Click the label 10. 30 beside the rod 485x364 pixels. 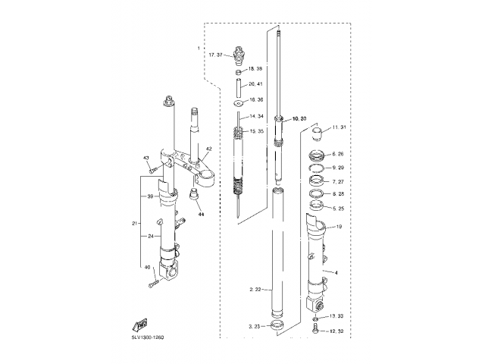(299, 118)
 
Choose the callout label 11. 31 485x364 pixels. (338, 127)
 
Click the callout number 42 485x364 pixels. (208, 149)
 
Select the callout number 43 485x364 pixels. (146, 158)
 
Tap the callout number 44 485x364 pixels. (202, 215)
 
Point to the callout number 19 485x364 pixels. (339, 227)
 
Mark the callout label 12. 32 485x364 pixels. (336, 331)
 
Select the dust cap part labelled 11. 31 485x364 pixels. (318, 136)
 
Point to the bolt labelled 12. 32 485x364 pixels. (315, 331)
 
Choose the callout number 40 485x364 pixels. (146, 268)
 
